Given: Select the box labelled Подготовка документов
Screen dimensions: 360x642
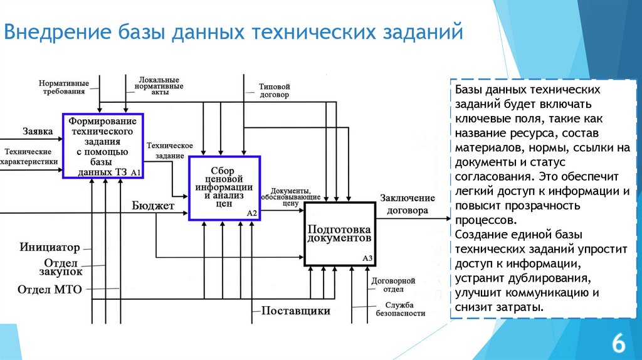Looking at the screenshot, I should click(339, 233).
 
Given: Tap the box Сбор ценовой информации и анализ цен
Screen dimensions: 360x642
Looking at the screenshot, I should click(223, 188).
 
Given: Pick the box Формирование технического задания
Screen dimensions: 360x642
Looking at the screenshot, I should click(103, 146).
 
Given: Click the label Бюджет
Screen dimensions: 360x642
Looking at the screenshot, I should click(153, 206).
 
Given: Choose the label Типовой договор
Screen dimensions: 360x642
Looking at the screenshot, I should click(274, 91).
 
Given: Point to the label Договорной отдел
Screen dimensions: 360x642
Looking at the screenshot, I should click(393, 285).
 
